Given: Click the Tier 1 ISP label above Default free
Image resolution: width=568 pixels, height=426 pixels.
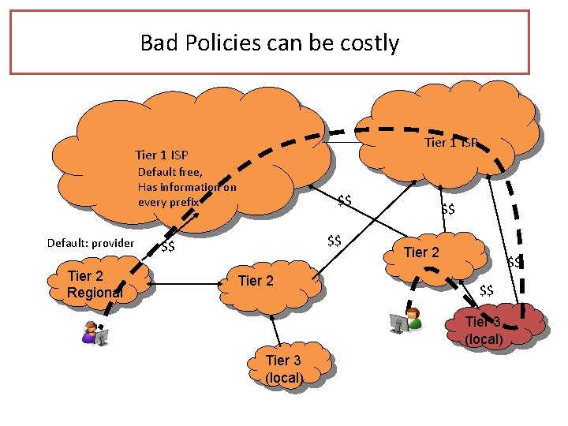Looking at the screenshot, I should click(161, 155).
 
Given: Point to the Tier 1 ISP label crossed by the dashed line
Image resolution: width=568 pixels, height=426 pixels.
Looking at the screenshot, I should click(450, 143).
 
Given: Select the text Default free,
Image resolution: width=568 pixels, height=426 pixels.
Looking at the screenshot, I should click(170, 172).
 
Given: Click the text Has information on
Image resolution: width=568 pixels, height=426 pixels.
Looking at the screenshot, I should click(186, 187).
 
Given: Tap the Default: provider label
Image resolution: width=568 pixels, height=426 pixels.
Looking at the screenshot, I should click(91, 243).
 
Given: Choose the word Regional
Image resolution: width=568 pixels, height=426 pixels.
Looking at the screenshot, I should click(95, 293).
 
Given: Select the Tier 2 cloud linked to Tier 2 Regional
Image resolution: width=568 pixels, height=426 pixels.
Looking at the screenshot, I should click(260, 282).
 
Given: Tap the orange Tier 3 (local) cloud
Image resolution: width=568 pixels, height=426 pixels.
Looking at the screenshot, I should click(285, 369).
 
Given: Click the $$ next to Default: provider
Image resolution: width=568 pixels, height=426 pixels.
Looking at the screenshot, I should click(167, 248).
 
